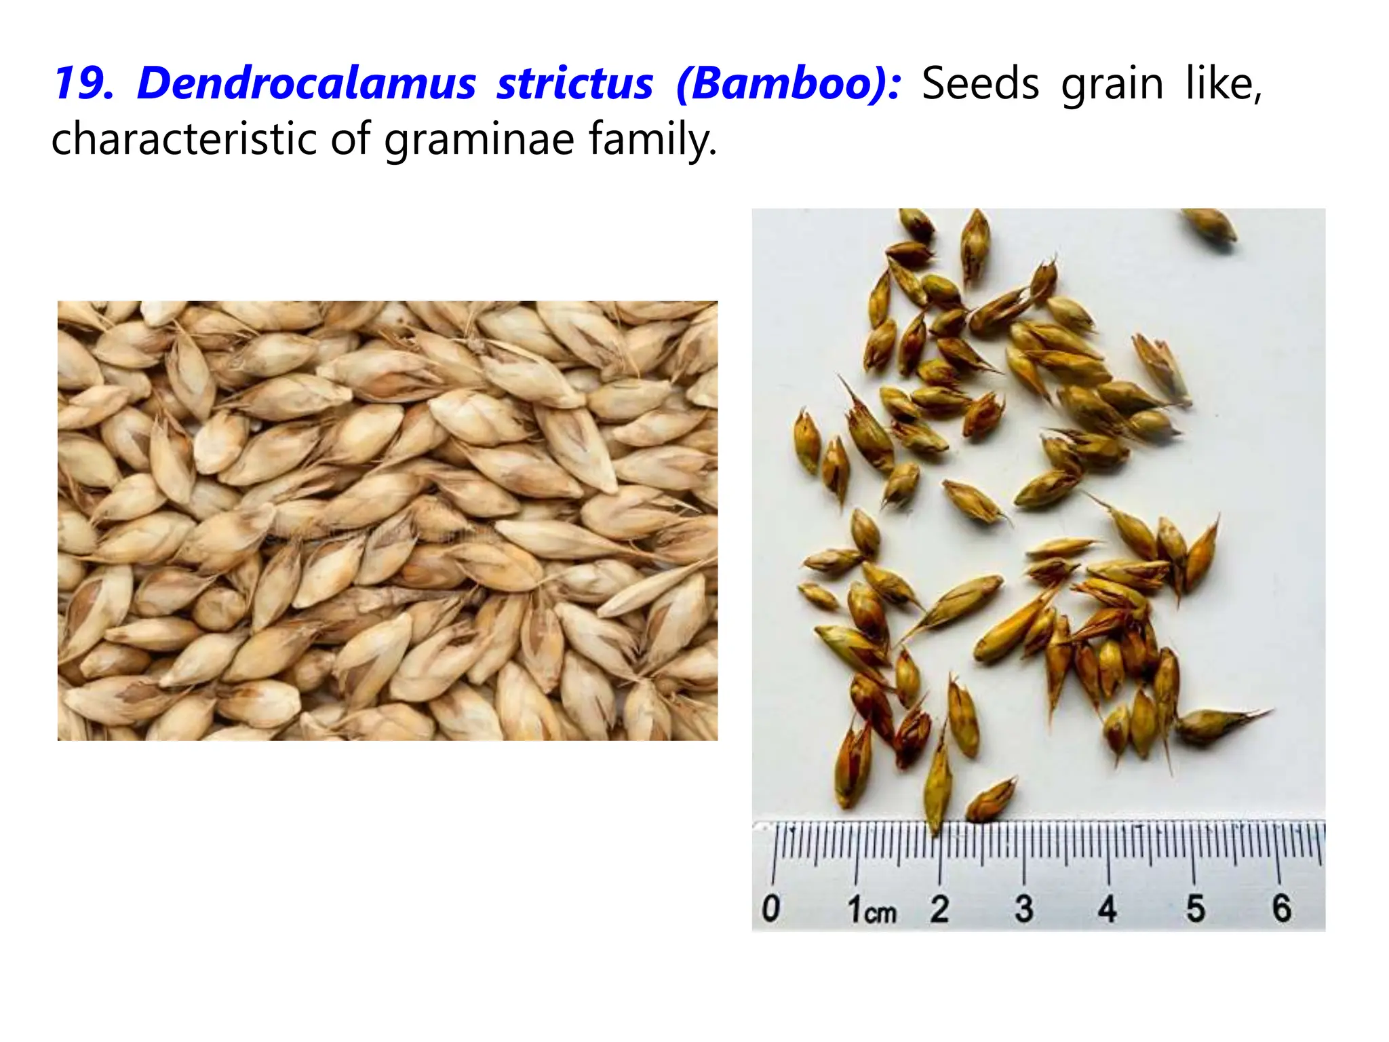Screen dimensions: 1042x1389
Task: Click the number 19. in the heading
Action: click(83, 84)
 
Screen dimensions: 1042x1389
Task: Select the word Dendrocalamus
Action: click(307, 84)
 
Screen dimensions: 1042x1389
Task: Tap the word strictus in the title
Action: click(575, 84)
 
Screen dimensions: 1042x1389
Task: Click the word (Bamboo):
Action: click(789, 84)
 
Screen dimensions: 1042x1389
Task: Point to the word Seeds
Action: click(980, 84)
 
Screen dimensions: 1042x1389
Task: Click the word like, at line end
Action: click(1223, 84)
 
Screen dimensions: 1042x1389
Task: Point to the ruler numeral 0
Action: click(771, 908)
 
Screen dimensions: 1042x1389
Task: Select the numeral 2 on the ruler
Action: click(939, 908)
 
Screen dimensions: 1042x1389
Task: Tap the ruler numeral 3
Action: click(1024, 908)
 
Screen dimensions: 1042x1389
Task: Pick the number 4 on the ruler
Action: click(1108, 908)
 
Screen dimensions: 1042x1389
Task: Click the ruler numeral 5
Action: click(1195, 908)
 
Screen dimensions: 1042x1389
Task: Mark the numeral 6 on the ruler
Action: click(1281, 908)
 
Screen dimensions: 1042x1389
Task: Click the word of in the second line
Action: click(350, 139)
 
